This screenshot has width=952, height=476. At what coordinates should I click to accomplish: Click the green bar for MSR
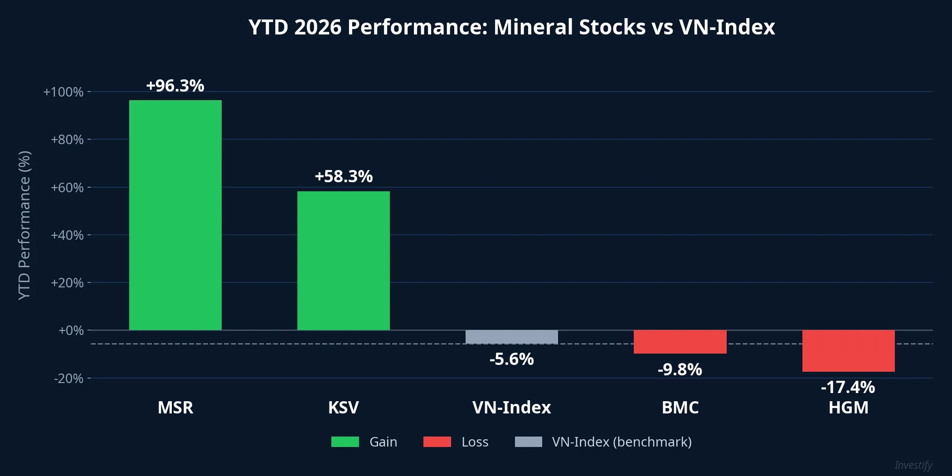pyautogui.click(x=175, y=215)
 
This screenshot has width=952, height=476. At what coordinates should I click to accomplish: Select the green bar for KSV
pyautogui.click(x=344, y=261)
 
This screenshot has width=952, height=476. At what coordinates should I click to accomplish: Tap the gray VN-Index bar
pyautogui.click(x=511, y=337)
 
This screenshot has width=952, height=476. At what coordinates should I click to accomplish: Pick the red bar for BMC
pyautogui.click(x=680, y=342)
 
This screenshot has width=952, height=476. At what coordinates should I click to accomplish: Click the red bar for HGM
pyautogui.click(x=848, y=351)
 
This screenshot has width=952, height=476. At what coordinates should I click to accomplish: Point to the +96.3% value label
pyautogui.click(x=175, y=86)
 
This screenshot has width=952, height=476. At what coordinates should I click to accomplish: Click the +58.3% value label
pyautogui.click(x=344, y=176)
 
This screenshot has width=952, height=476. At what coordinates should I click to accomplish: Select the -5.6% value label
pyautogui.click(x=511, y=359)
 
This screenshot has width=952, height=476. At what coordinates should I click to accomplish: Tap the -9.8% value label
pyautogui.click(x=680, y=369)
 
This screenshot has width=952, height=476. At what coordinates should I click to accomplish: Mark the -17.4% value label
pyautogui.click(x=848, y=387)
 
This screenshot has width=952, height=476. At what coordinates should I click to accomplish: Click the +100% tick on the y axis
pyautogui.click(x=63, y=92)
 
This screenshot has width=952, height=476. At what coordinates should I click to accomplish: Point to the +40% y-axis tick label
pyautogui.click(x=67, y=235)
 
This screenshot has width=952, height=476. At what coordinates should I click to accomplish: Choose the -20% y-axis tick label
pyautogui.click(x=68, y=378)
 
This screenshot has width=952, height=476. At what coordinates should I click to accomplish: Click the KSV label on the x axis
pyautogui.click(x=344, y=408)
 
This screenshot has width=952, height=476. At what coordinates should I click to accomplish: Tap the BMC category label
pyautogui.click(x=680, y=408)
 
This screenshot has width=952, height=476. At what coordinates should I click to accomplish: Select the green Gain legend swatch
pyautogui.click(x=345, y=442)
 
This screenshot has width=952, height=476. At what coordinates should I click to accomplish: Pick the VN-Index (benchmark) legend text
pyautogui.click(x=622, y=442)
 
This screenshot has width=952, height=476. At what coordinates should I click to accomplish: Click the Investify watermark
pyautogui.click(x=913, y=465)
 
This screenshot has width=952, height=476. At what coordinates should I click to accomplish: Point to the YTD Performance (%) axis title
pyautogui.click(x=24, y=225)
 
